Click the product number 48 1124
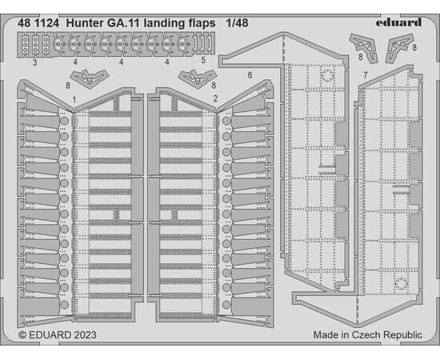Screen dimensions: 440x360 coord(38,23)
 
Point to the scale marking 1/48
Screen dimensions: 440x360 coord(237,23)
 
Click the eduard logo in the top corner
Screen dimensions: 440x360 coord(398,22)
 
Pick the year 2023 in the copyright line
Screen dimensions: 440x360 coord(84,334)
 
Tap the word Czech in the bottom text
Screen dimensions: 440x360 coord(366,334)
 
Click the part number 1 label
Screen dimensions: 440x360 coord(74,100)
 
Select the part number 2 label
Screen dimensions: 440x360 coord(215,98)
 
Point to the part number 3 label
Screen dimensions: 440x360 coord(34,62)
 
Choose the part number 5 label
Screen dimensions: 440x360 coord(203,60)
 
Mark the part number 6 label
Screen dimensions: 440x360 coord(250,75)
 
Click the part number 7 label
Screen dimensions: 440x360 coord(365,75)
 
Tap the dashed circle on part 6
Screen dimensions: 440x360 coord(327,75)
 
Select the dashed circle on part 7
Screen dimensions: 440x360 coord(401,284)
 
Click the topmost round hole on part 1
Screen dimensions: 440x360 coord(65,121)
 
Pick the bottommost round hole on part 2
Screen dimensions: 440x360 coord(226,305)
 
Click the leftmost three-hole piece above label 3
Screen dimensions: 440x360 coord(26,45)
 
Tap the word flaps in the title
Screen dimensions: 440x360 coord(201,23)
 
